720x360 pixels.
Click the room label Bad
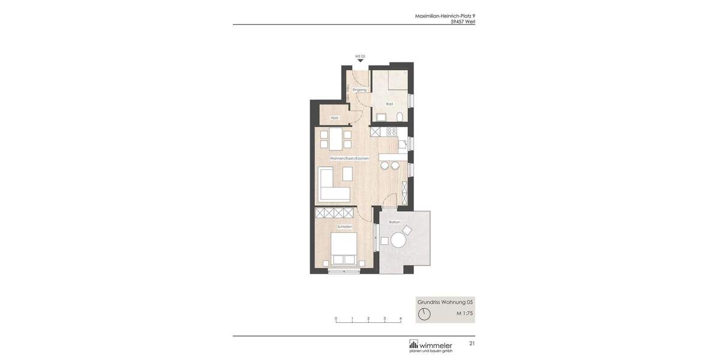coord(389,104)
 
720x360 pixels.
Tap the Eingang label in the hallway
coord(359,89)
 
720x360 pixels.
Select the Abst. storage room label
coord(334,118)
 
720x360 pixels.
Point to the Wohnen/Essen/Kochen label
coord(349,158)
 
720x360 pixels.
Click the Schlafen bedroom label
coord(344,227)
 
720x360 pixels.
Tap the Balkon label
coord(394,222)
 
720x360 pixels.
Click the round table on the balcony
coord(399,241)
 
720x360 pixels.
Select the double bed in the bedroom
coord(344,248)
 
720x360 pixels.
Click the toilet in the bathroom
coord(400,116)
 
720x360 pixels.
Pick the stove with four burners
coord(392,131)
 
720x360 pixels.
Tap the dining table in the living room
coord(335,139)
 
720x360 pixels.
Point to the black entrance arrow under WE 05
coord(360,61)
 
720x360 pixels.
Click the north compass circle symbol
coord(424,314)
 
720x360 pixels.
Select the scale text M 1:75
coord(464,313)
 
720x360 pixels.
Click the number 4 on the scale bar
coord(400,319)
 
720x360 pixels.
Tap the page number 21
coord(472,344)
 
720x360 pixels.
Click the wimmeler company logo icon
coord(413,344)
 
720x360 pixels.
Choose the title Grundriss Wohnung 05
coord(445,302)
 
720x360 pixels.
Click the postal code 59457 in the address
coord(457,22)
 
